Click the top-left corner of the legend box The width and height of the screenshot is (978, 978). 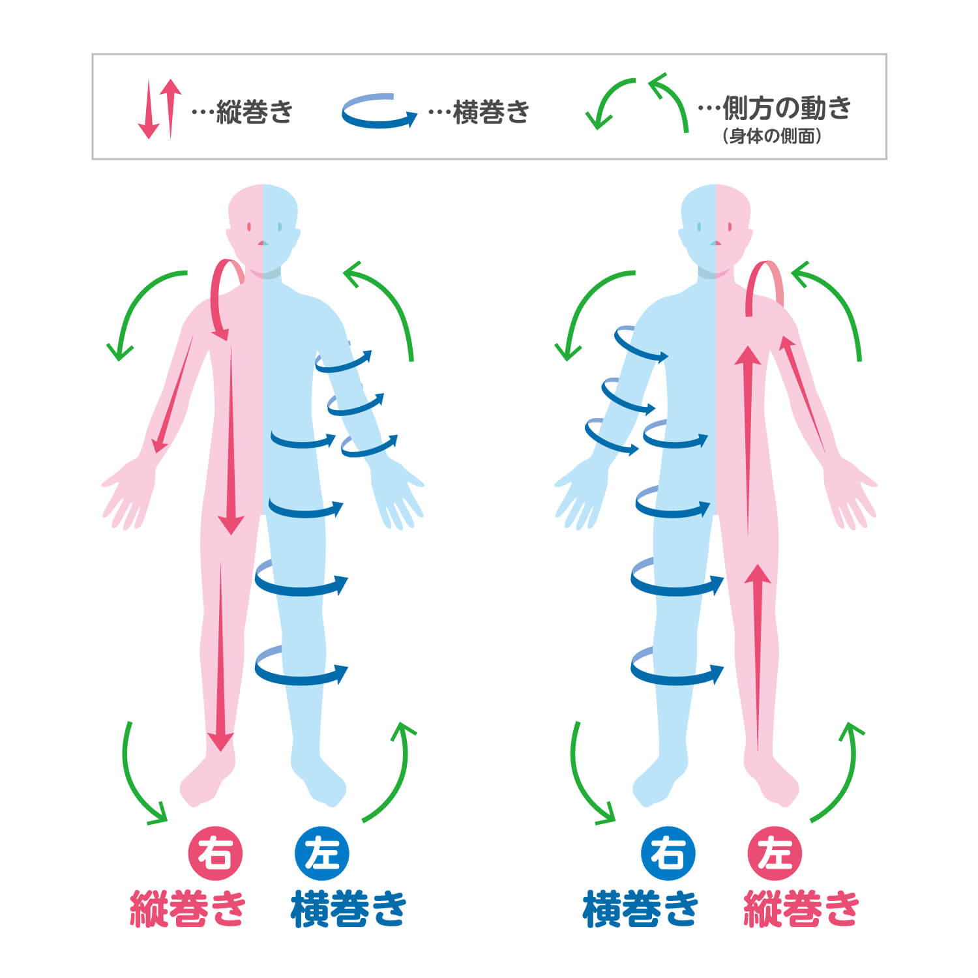point(93,54)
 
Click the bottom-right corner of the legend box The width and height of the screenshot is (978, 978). point(887,159)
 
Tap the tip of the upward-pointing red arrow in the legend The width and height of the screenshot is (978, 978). point(171,80)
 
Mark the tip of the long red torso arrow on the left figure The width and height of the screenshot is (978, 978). point(231,535)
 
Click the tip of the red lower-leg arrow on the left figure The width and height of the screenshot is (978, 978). point(220,752)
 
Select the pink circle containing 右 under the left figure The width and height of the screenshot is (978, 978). point(215,853)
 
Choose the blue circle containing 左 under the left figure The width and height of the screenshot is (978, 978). point(322,853)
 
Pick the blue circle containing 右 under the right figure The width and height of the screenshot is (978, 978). point(668,853)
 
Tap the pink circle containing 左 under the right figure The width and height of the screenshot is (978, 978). point(775,853)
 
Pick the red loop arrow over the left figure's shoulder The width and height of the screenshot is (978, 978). point(225,300)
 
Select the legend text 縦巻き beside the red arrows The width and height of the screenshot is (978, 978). point(255,112)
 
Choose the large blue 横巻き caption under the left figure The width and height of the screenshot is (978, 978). point(348,909)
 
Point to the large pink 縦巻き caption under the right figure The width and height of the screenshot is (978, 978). point(801,909)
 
